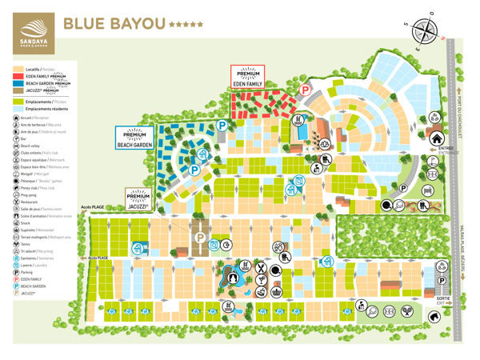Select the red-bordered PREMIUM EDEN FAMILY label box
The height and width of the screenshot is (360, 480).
point(247,77)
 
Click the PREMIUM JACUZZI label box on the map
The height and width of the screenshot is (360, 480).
point(139,196)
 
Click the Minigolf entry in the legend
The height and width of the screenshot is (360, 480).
point(35,173)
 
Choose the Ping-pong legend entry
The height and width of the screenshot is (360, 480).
point(31,194)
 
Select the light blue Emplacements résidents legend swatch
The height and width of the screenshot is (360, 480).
point(17,110)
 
